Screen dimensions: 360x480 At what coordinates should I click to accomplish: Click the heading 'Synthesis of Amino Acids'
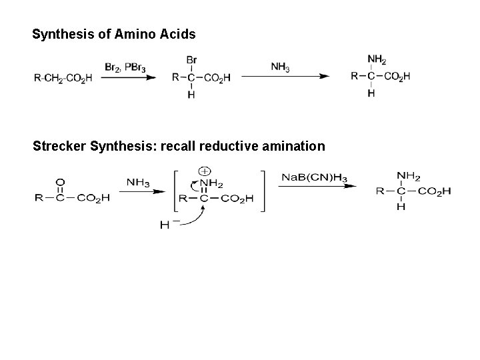(x=114, y=33)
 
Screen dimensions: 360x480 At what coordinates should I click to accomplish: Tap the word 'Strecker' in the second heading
(x=59, y=145)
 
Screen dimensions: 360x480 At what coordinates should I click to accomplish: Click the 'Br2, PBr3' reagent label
(x=125, y=67)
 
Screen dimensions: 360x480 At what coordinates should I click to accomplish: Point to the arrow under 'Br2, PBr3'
(x=131, y=77)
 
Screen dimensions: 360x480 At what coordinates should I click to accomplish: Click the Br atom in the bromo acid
(x=191, y=60)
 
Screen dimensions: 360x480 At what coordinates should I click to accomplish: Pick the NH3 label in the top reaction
(x=280, y=67)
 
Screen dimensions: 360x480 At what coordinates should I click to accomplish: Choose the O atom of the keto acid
(x=61, y=181)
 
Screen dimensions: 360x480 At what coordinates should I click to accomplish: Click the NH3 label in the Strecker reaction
(x=139, y=181)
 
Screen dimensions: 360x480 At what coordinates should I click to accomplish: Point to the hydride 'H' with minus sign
(x=166, y=225)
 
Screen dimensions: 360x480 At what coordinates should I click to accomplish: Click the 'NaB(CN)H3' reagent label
(x=313, y=177)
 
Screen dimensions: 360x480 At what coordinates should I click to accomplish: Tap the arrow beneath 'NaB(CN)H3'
(x=313, y=187)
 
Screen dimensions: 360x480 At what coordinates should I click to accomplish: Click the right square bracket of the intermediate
(x=264, y=191)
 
